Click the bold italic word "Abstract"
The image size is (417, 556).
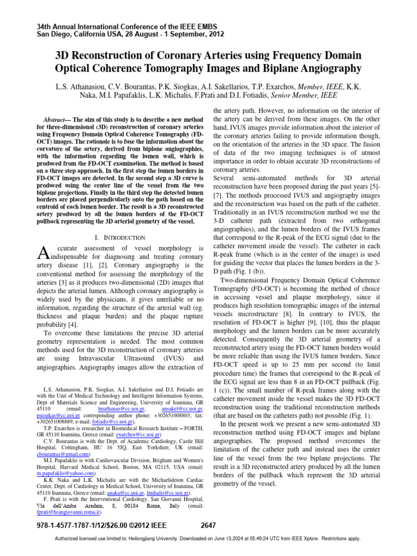pyautogui.click(x=58, y=118)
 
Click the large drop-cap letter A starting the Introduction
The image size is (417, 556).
pyautogui.click(x=31, y=251)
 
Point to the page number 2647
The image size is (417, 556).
pyautogui.click(x=208, y=525)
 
